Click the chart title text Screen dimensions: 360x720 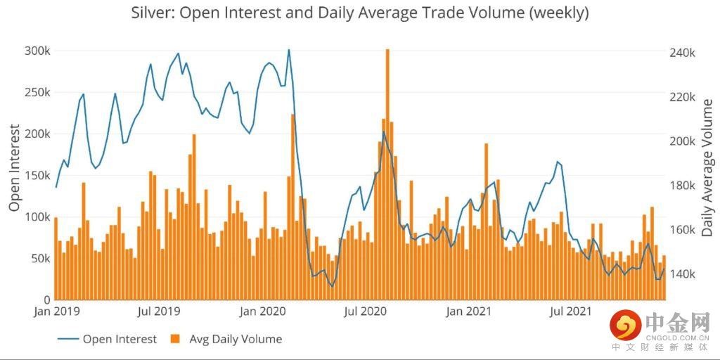pyautogui.click(x=360, y=13)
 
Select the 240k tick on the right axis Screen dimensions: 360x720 pyautogui.click(x=681, y=53)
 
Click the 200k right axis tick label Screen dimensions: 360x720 pyautogui.click(x=681, y=141)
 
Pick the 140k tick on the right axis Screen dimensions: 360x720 pyautogui.click(x=681, y=274)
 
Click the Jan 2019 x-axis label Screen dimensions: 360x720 pyautogui.click(x=56, y=310)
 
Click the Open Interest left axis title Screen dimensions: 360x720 pyautogui.click(x=14, y=167)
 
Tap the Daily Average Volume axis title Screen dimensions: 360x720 pyautogui.click(x=707, y=167)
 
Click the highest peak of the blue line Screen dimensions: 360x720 pyautogui.click(x=288, y=50)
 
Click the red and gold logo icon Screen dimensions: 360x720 pyautogui.click(x=625, y=325)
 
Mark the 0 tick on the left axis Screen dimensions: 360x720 pyautogui.click(x=46, y=300)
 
